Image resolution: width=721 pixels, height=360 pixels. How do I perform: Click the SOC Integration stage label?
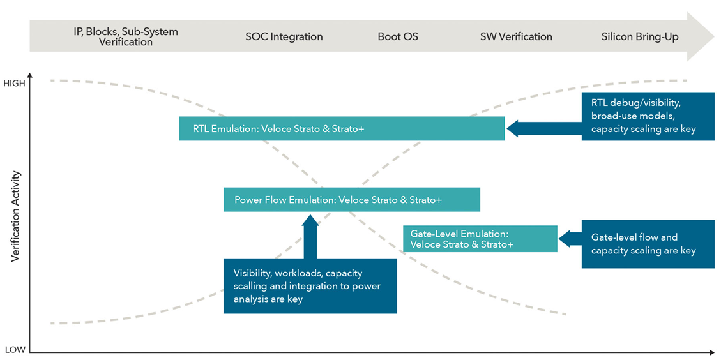pos(284,37)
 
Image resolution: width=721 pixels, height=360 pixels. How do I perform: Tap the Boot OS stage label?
pos(398,37)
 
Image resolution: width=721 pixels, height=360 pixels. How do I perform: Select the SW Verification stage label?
pos(516,37)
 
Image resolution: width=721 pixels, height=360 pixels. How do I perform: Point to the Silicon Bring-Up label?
pos(640,37)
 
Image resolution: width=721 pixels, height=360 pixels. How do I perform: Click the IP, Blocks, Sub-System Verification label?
pos(126,37)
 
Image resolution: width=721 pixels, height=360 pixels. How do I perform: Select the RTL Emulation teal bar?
pos(342,129)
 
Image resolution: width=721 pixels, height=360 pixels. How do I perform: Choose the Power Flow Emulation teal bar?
pos(351,199)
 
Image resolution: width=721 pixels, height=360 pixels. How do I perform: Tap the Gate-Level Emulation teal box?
pos(480,239)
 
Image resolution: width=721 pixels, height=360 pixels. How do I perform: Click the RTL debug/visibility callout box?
pos(648,116)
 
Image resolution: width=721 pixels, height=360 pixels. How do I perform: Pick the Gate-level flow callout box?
pos(648,244)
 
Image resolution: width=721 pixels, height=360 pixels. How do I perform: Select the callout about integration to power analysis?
pos(310,286)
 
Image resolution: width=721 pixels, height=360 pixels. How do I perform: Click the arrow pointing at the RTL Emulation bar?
pos(543,129)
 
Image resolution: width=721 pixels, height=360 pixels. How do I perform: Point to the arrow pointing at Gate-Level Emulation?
pos(570,239)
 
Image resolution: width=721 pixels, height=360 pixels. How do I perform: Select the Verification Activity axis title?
pos(16,217)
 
